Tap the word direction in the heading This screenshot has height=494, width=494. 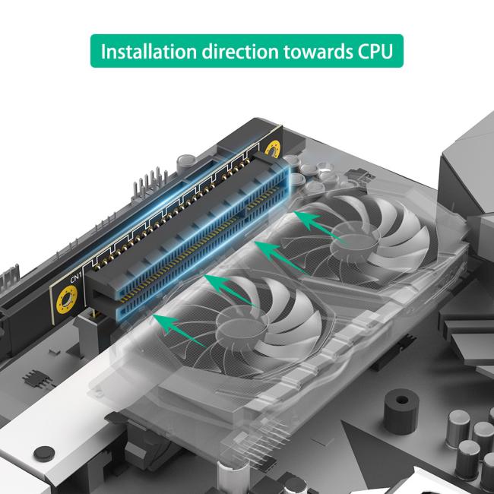tap(238, 52)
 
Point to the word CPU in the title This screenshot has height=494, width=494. tap(374, 52)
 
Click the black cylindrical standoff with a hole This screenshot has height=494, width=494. tap(401, 410)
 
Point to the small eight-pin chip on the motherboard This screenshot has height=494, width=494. tap(33, 378)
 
